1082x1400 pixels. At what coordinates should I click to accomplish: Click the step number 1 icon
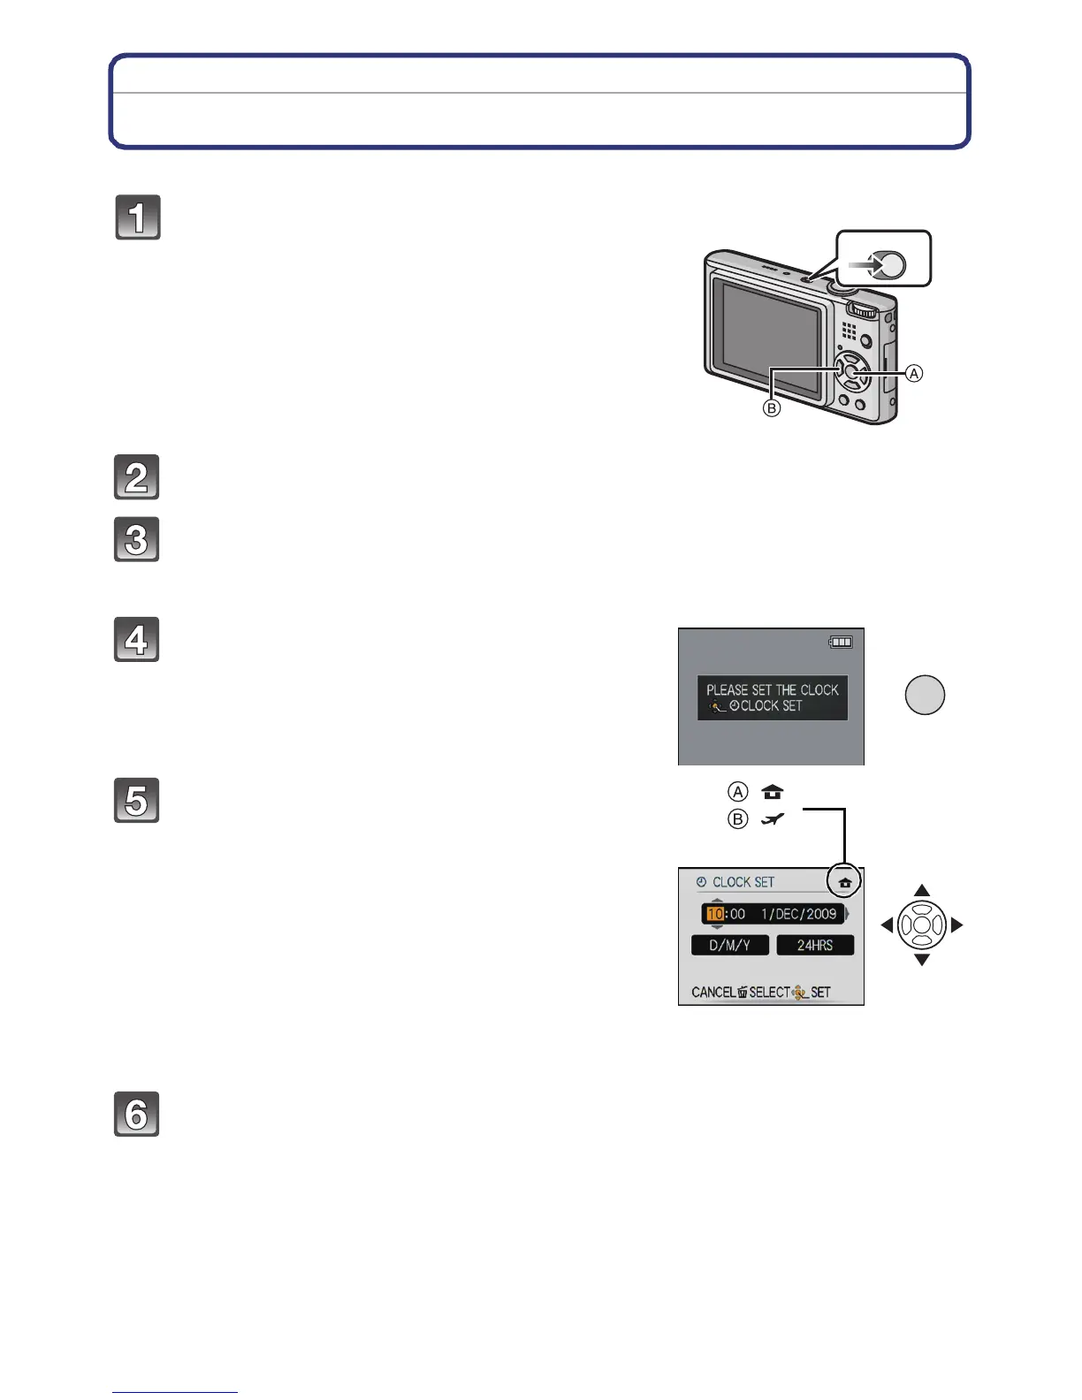pos(138,217)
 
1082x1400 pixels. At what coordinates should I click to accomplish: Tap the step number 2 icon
pos(137,477)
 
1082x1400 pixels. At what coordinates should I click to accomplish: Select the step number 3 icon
pos(137,539)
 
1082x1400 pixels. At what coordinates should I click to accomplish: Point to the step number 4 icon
pos(137,640)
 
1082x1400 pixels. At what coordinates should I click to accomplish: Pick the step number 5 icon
pos(137,801)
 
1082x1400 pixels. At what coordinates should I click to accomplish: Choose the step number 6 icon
pos(137,1115)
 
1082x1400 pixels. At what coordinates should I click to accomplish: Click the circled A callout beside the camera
pos(914,374)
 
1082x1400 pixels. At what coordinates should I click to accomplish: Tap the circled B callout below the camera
pos(772,409)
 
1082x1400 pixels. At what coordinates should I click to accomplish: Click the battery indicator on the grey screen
pos(841,643)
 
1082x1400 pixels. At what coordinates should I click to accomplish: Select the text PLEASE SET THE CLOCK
pos(772,689)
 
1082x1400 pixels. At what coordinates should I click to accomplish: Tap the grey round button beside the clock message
pos(925,695)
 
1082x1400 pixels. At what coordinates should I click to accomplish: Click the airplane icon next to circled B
pos(773,819)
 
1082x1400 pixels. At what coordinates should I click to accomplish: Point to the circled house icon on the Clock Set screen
pos(845,882)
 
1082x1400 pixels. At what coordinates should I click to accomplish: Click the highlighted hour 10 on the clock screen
pos(715,914)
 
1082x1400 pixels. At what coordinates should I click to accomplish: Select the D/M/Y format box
pos(729,945)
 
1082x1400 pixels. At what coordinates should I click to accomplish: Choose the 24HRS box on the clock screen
pos(815,945)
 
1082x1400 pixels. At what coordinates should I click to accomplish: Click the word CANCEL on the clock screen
pos(713,993)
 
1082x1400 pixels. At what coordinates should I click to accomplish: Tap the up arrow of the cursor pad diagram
pos(922,890)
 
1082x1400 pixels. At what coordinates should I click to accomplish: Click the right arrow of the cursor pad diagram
pos(956,925)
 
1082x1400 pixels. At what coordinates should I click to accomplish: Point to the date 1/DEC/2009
pos(798,914)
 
